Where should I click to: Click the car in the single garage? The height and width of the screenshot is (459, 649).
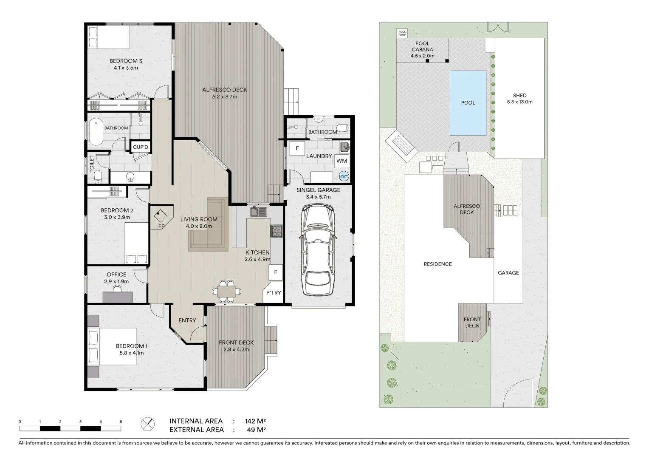tap(318, 249)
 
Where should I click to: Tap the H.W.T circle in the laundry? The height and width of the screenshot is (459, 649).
tap(344, 176)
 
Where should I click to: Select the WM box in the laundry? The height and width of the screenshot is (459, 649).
tap(342, 161)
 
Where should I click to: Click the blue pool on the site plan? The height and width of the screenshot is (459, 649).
tap(468, 103)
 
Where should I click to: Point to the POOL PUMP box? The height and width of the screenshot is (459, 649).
tap(402, 33)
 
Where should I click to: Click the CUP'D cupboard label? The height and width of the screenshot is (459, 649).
tap(141, 147)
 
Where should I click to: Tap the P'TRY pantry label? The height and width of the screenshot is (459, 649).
tap(274, 292)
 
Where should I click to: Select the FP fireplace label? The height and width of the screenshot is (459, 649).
tap(161, 226)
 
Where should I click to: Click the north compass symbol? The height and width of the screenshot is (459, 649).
tap(147, 424)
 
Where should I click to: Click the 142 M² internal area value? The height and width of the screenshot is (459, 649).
tap(255, 421)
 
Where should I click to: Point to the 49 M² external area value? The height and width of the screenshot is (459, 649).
tap(257, 430)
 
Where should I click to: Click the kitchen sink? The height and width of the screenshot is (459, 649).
tap(259, 212)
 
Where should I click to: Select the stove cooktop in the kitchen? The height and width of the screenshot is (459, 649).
tap(277, 231)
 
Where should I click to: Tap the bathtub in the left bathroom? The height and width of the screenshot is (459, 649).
tap(96, 133)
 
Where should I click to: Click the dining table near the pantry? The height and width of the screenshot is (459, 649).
tap(226, 292)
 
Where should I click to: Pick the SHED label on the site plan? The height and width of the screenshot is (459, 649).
tap(519, 95)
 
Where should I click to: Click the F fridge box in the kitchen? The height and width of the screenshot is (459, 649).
tap(276, 272)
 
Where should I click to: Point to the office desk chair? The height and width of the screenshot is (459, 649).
tap(117, 289)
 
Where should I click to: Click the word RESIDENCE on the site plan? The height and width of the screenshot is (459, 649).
tap(438, 264)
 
